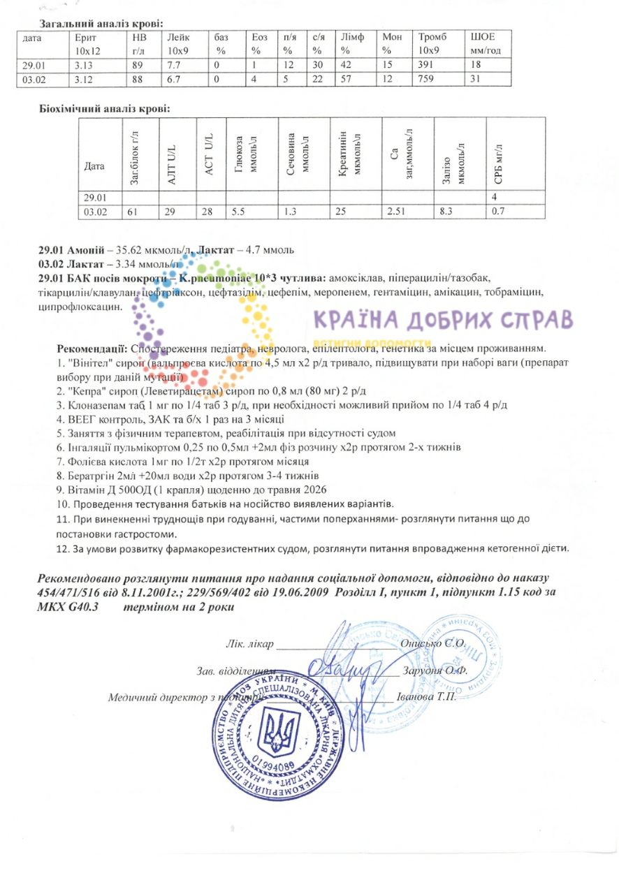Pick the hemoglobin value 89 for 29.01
click(x=137, y=65)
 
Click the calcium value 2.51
click(x=396, y=211)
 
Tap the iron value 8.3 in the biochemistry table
click(x=446, y=211)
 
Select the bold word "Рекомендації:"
click(x=92, y=349)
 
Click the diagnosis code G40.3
click(x=75, y=607)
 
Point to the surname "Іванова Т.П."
click(x=425, y=698)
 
